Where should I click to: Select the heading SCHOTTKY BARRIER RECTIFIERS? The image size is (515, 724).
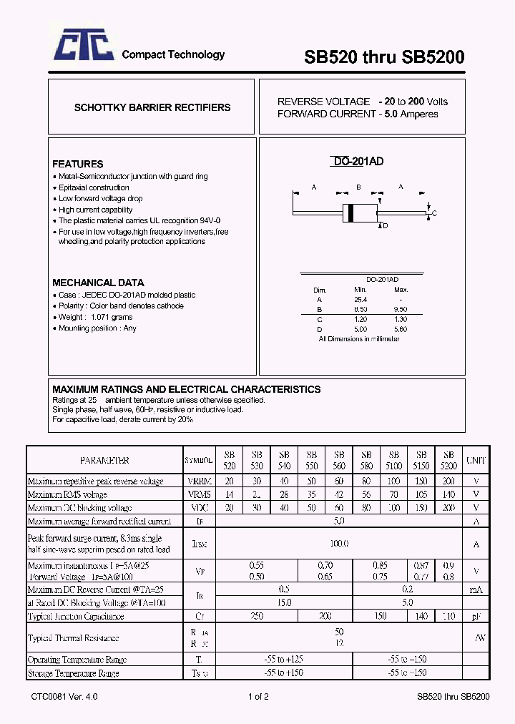tap(152, 108)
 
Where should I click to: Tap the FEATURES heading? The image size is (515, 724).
tap(78, 164)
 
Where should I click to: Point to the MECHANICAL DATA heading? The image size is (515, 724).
tap(98, 283)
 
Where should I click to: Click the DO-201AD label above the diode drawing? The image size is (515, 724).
tap(358, 162)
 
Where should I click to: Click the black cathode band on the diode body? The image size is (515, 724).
tap(350, 212)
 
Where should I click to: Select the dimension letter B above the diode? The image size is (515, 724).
tap(358, 187)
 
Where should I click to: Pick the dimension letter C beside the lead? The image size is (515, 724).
tap(434, 214)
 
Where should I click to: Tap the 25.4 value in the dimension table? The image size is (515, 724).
tap(360, 299)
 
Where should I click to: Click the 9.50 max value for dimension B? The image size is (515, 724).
tap(401, 309)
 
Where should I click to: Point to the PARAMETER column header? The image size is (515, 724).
tap(104, 461)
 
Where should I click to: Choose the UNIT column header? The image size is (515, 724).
tap(476, 461)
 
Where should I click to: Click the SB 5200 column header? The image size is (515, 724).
tap(448, 461)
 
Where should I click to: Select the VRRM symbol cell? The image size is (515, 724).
tap(198, 481)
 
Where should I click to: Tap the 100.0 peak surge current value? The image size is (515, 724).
tap(339, 544)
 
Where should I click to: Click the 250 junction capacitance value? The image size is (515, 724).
tap(257, 616)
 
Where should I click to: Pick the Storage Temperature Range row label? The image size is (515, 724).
tap(73, 673)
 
